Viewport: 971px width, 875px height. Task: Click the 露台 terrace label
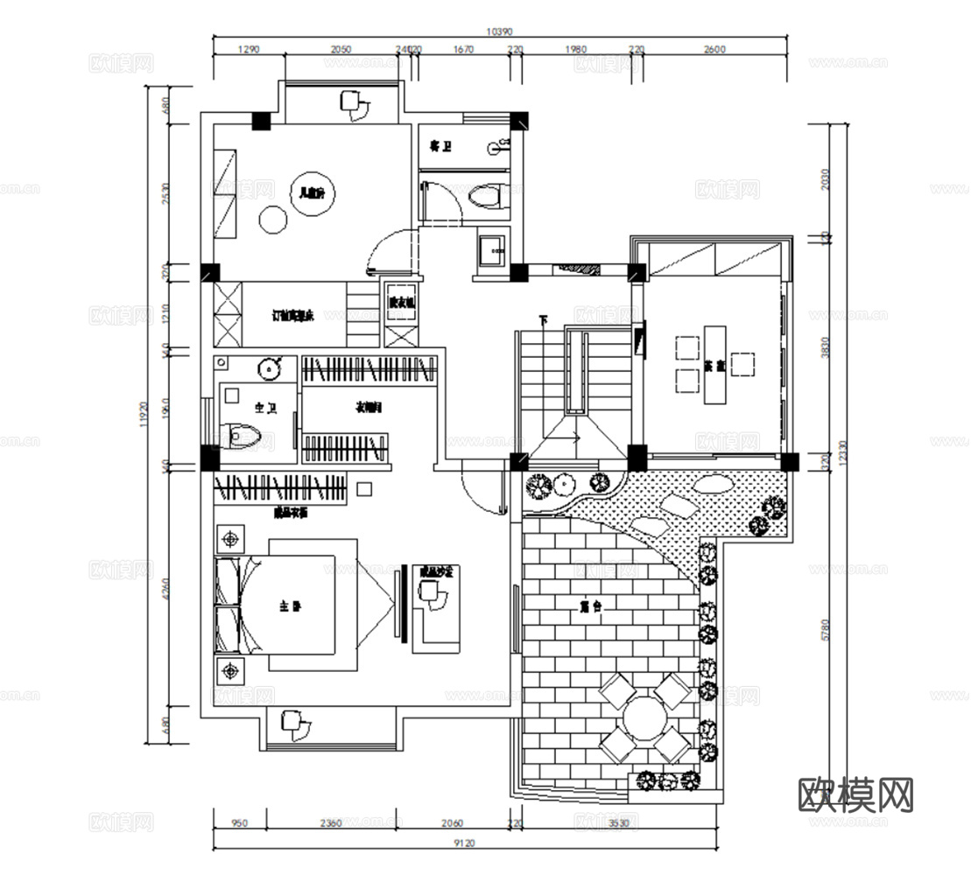pos(588,605)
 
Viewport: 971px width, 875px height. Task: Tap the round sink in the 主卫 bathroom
pos(270,369)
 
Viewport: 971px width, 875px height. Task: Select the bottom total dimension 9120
pos(466,843)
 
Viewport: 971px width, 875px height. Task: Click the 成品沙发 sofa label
pos(435,571)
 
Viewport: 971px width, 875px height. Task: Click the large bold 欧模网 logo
pos(856,795)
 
